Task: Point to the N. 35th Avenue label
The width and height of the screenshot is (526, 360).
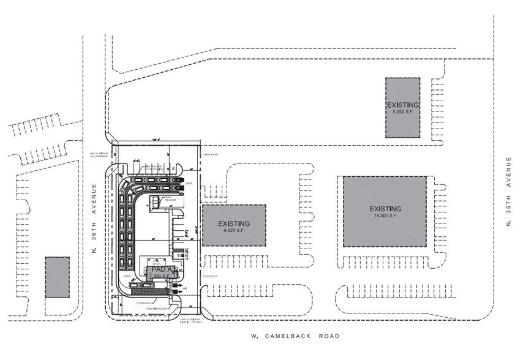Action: pyautogui.click(x=508, y=192)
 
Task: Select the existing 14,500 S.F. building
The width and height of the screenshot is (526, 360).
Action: pyautogui.click(x=385, y=211)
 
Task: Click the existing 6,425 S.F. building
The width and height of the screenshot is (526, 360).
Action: pyautogui.click(x=234, y=225)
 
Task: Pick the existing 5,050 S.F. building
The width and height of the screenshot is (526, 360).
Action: pyautogui.click(x=402, y=108)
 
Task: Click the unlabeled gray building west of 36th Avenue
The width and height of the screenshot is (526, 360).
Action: pyautogui.click(x=57, y=277)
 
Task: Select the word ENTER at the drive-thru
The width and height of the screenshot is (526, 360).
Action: pyautogui.click(x=189, y=182)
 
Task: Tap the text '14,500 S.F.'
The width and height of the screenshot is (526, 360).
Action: pyautogui.click(x=385, y=216)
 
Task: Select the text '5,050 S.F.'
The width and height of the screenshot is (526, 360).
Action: pyautogui.click(x=402, y=112)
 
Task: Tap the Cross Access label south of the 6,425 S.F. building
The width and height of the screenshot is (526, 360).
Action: pyautogui.click(x=211, y=276)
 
